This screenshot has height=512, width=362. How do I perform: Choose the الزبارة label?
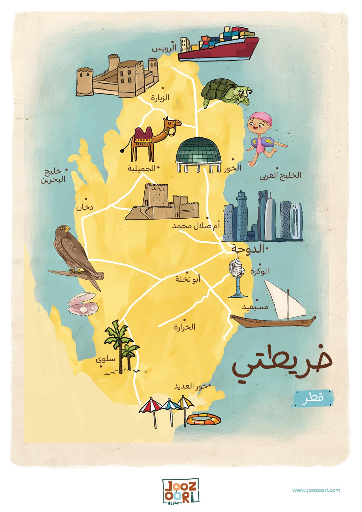[160, 98]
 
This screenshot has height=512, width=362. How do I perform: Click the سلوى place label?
[105, 359]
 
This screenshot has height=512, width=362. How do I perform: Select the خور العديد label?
[191, 386]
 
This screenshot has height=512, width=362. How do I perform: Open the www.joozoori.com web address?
[316, 490]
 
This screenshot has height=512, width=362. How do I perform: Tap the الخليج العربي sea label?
[281, 175]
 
